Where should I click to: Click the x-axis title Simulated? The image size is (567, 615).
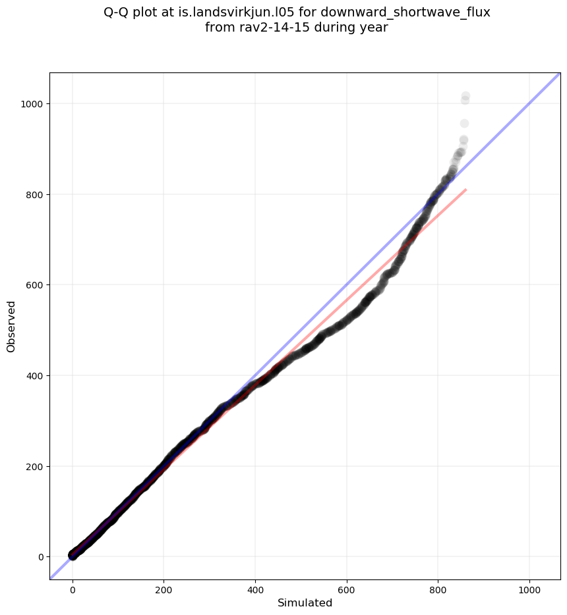(305, 602)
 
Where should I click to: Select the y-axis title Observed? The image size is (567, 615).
(11, 326)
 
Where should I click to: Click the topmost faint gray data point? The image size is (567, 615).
(465, 96)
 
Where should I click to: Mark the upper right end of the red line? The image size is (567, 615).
(466, 190)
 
